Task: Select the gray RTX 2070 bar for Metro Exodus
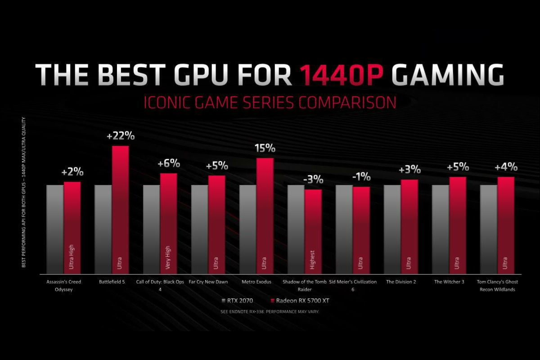[247, 229]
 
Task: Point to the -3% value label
[313, 180]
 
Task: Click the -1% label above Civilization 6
[361, 177]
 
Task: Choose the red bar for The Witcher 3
[458, 225]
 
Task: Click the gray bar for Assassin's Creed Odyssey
[55, 229]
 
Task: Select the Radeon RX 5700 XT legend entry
[299, 301]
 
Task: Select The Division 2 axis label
[401, 282]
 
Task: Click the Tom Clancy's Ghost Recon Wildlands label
[497, 285]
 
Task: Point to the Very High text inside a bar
[168, 257]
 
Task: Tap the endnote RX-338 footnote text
[270, 311]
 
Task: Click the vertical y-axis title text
[23, 193]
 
